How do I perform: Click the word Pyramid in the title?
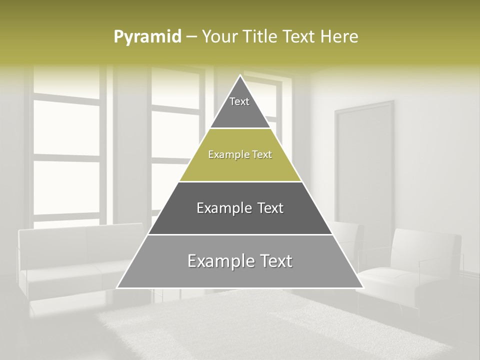147,37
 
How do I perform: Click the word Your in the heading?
218,37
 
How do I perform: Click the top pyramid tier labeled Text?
239,105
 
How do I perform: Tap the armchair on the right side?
415,265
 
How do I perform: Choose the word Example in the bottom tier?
218,261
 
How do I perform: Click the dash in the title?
192,37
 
